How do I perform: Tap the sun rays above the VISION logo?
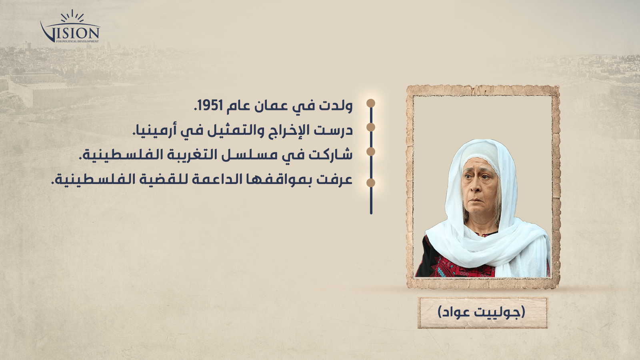[x=72, y=16]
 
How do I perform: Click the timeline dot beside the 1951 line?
[x=371, y=103]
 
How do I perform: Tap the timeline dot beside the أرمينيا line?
[x=371, y=127]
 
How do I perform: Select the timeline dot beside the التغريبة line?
[x=371, y=152]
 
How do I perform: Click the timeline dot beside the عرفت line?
[x=371, y=182]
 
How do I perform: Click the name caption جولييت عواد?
[x=482, y=312]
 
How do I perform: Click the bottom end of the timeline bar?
[x=371, y=213]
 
